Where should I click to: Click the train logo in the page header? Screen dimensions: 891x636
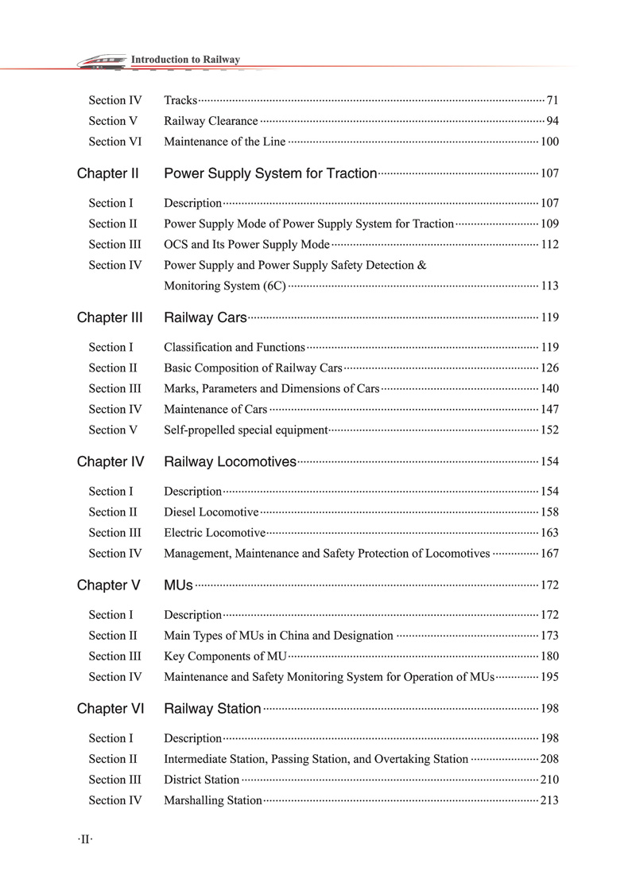pyautogui.click(x=102, y=61)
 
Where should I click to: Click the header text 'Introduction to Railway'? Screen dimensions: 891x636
pyautogui.click(x=185, y=59)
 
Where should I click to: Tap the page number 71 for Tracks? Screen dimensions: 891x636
pyautogui.click(x=553, y=100)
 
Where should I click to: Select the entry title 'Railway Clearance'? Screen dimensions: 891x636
pyautogui.click(x=211, y=121)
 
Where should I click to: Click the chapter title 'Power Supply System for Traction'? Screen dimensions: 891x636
pyautogui.click(x=270, y=173)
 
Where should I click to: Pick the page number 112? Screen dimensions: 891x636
pyautogui.click(x=549, y=244)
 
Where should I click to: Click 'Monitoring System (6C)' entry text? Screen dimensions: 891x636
pyautogui.click(x=224, y=286)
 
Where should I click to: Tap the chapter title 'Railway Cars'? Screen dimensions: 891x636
pyautogui.click(x=205, y=317)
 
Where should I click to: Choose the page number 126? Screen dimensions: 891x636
pyautogui.click(x=549, y=368)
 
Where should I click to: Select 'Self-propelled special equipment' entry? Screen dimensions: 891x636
pyautogui.click(x=246, y=430)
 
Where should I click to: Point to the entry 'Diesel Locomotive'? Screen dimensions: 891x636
pyautogui.click(x=211, y=512)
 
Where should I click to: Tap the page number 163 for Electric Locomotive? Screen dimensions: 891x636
pyautogui.click(x=549, y=532)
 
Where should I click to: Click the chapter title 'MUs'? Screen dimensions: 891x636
pyautogui.click(x=178, y=585)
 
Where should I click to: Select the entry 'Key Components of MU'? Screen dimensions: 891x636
pyautogui.click(x=225, y=656)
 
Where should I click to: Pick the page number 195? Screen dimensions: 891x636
pyautogui.click(x=549, y=676)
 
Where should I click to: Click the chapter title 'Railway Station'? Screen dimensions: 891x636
pyautogui.click(x=212, y=708)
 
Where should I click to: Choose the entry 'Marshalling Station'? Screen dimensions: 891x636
pyautogui.click(x=212, y=800)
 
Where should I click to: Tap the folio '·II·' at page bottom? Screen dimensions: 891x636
pyautogui.click(x=85, y=838)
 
